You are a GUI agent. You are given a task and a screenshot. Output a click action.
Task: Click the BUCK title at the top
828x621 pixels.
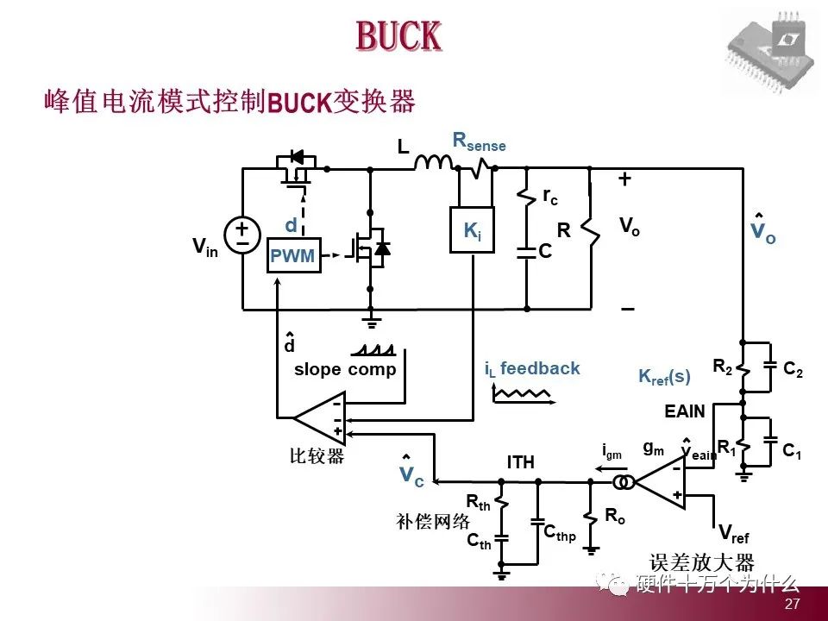[x=398, y=36]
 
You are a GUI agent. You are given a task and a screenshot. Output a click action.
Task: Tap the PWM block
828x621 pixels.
[x=293, y=255]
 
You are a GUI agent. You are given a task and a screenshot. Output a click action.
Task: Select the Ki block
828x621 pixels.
[x=472, y=230]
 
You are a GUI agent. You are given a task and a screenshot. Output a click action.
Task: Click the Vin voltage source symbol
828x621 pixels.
[x=242, y=235]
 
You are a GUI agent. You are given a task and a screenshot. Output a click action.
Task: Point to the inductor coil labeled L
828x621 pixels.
[x=436, y=163]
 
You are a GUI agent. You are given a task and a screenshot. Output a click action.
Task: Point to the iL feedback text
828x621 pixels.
[x=532, y=369]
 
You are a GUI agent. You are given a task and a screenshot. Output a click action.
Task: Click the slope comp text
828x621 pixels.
[x=345, y=370]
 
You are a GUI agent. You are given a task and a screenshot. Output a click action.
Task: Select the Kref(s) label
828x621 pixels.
[x=664, y=377]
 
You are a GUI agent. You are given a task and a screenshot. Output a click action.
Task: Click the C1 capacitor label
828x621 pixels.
[x=791, y=450]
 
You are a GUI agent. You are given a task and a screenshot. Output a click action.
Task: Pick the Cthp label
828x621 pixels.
[x=560, y=532]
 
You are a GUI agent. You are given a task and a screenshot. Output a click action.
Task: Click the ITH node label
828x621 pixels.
[x=521, y=463]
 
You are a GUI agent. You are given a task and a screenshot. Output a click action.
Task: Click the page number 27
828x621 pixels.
[x=792, y=605]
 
